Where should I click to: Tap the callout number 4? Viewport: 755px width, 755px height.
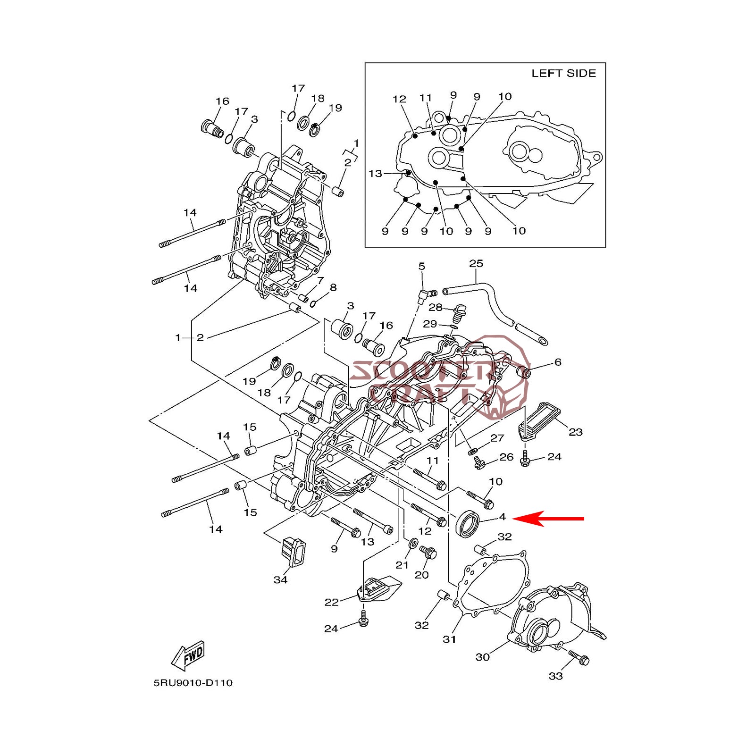tap(503, 517)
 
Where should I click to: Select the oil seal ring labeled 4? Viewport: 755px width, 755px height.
tap(468, 524)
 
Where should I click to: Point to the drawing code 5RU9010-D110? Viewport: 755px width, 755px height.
tap(193, 683)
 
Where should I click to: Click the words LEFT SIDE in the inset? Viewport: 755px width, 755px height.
tap(563, 74)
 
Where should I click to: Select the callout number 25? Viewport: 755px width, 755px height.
tap(476, 263)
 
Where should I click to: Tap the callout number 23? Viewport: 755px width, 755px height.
tap(575, 432)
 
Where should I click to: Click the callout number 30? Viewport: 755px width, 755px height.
tap(482, 657)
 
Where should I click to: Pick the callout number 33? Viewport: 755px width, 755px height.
tap(556, 676)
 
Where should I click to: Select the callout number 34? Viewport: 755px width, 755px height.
tap(280, 580)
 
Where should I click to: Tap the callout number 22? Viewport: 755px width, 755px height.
tap(331, 602)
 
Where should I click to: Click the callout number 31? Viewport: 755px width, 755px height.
tap(449, 639)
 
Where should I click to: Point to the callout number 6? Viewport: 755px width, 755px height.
tap(558, 362)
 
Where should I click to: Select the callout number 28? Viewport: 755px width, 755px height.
tap(435, 308)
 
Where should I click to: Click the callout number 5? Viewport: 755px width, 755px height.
tap(422, 267)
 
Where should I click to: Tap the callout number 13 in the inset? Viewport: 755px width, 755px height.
tap(375, 174)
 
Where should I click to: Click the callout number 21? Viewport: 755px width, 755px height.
tap(402, 565)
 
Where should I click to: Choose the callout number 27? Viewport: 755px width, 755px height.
tap(497, 438)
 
